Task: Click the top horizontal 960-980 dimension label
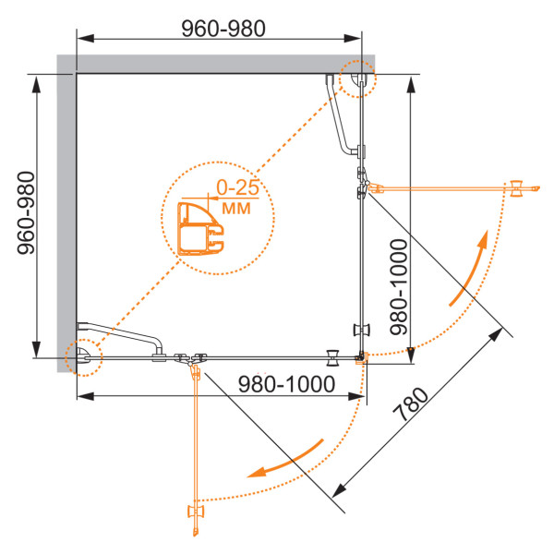[223, 29]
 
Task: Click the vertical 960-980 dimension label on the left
[27, 212]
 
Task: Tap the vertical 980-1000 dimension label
[399, 286]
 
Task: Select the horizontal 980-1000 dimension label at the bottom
[286, 384]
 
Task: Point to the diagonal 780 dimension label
[411, 404]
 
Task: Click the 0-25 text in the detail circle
[238, 187]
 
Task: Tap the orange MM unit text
[236, 208]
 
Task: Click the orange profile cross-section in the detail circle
[200, 229]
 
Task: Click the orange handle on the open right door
[516, 188]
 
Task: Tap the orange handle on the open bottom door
[196, 512]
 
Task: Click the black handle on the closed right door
[361, 330]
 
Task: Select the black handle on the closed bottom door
[332, 358]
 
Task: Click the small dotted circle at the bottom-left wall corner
[84, 357]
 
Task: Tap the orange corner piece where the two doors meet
[363, 357]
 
